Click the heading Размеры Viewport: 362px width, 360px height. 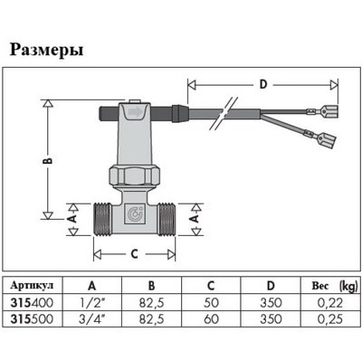[x=47, y=51]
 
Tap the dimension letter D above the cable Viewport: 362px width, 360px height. [x=263, y=84]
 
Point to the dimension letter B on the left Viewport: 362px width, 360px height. [x=49, y=160]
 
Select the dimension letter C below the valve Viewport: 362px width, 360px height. [x=134, y=254]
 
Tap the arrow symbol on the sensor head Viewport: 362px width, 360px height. [x=135, y=112]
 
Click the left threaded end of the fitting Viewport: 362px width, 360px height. [x=103, y=219]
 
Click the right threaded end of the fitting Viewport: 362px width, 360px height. [x=167, y=219]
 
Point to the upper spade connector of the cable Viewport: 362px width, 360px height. [x=329, y=110]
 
